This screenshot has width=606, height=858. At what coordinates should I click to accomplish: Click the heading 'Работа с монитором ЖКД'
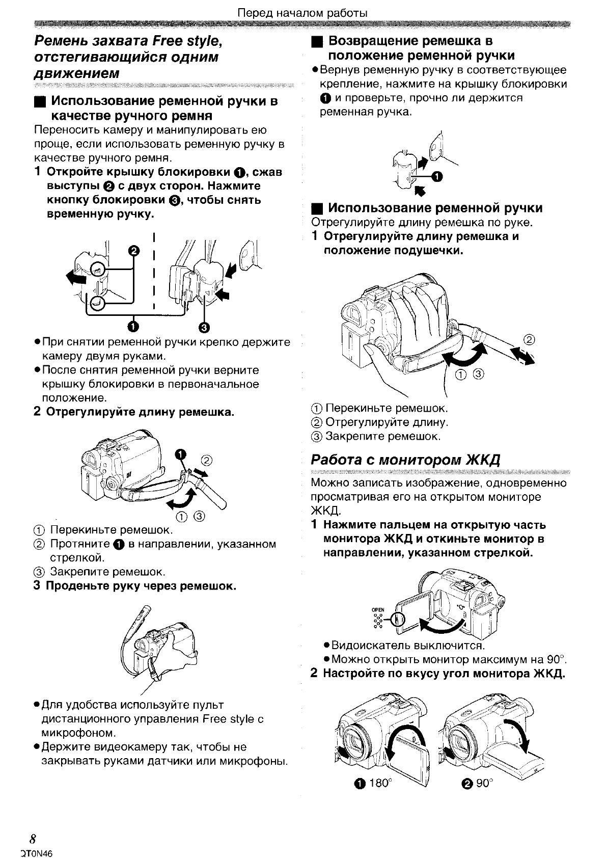click(406, 460)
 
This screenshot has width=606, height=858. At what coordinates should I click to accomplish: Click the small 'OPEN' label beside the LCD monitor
click(377, 609)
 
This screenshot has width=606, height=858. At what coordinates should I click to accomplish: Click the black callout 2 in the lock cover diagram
click(134, 251)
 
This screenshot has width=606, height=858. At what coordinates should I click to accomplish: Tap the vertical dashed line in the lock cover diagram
click(153, 270)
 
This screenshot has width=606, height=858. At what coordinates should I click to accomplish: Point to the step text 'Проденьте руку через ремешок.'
click(141, 586)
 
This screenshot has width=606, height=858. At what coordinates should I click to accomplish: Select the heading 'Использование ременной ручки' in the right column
click(435, 208)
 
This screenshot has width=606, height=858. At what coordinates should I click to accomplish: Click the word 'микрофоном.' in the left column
click(78, 733)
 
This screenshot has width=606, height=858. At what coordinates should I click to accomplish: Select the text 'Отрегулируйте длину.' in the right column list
click(387, 422)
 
